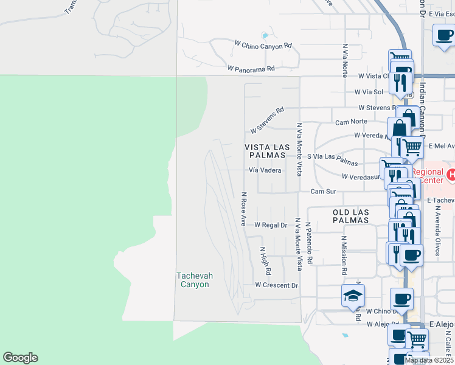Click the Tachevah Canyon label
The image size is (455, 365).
tap(195, 280)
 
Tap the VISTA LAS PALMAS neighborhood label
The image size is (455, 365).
tap(265, 151)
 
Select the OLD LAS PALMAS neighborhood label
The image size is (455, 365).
tap(350, 216)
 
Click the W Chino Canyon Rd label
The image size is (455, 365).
tap(263, 45)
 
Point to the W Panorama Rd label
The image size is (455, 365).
tap(251, 69)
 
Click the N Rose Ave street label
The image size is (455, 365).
tap(243, 209)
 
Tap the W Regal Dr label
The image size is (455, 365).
tap(271, 224)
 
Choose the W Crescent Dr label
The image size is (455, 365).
tap(277, 285)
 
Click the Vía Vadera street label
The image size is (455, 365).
tap(265, 170)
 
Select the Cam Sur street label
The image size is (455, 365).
tap(323, 191)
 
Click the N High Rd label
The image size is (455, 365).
tap(263, 258)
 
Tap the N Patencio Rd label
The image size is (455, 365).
tap(309, 243)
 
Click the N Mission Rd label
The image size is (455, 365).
tap(344, 255)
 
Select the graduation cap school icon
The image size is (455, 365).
tap(353, 296)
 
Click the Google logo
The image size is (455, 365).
tap(21, 358)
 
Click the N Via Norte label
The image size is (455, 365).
tap(345, 60)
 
